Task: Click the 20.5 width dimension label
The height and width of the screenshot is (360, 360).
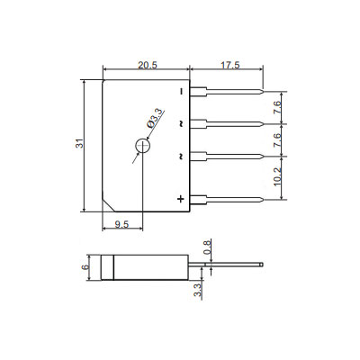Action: [x=148, y=65]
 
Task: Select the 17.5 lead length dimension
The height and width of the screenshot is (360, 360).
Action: [x=230, y=65]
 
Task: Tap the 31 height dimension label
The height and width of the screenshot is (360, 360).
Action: [x=79, y=143]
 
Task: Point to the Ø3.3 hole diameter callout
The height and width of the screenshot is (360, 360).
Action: [x=155, y=119]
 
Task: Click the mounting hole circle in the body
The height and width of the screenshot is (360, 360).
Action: [x=142, y=146]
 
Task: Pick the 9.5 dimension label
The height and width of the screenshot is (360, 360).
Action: [x=121, y=224]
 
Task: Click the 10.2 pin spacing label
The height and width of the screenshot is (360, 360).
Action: [x=277, y=177]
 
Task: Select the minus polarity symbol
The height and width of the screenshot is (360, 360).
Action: [x=181, y=92]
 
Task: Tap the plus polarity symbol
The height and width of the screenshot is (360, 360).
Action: [x=180, y=199]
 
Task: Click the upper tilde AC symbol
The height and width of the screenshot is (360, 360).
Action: [x=181, y=123]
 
